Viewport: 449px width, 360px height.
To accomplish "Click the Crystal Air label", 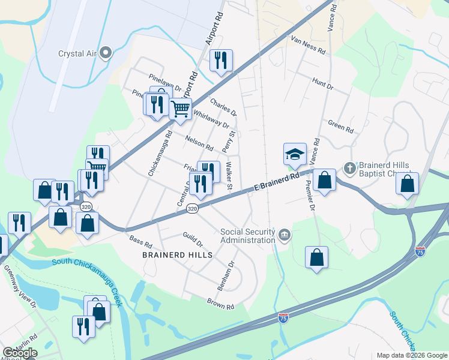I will pos(78,53).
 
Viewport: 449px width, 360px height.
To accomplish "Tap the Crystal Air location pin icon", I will pos(106,53).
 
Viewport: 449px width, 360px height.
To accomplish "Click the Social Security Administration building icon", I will pos(284,234).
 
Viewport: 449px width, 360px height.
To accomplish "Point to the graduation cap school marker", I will pos(295,154).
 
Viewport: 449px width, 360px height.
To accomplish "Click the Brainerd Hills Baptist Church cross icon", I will pos(349,166).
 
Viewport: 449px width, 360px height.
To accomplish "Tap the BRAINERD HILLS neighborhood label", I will pos(177,255).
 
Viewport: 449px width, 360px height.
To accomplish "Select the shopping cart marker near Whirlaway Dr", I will pos(180,109).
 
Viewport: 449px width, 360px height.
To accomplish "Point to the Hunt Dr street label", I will pos(322,83).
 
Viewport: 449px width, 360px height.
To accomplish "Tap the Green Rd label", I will pos(340,127).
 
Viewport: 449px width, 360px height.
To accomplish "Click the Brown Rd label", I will pos(220,304).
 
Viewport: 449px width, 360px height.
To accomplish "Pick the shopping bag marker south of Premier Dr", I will pos(316,258).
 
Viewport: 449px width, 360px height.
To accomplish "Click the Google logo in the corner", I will pos(19,353).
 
